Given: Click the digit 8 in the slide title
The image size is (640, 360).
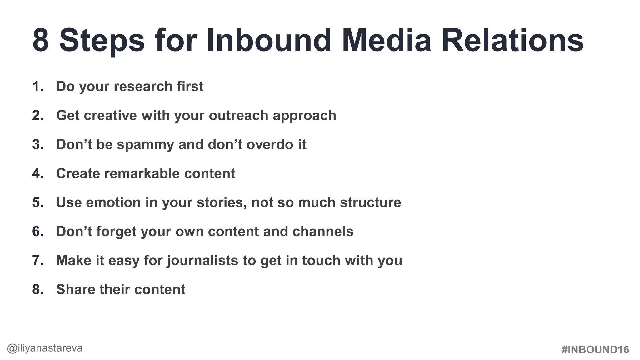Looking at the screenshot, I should (x=41, y=41).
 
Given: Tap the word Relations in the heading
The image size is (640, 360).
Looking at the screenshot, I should (x=512, y=41).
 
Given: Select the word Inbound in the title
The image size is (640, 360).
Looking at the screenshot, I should (x=269, y=41).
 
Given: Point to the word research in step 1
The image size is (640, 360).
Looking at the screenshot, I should (x=143, y=87).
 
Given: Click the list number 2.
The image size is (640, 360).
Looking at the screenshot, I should (x=37, y=116).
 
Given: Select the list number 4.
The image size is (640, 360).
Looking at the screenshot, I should (x=37, y=174).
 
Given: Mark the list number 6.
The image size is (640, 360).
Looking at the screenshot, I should (x=37, y=232).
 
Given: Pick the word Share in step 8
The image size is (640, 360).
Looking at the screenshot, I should (x=76, y=290).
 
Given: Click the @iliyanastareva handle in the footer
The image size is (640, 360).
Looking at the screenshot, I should (x=45, y=348).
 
